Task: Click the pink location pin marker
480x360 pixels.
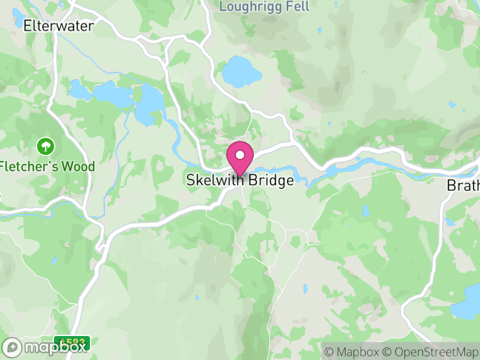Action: point(240,158)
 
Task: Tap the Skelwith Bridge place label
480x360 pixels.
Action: point(240,180)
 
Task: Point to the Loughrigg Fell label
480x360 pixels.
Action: point(265,7)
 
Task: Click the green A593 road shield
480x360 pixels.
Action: point(72,343)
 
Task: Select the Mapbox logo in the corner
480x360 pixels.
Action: point(46,347)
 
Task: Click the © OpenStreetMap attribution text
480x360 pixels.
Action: point(431,352)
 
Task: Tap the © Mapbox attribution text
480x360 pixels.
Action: point(353,352)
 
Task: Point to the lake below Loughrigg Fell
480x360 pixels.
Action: point(242,72)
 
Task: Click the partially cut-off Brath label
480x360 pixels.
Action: point(463,186)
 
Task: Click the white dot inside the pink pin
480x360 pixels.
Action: point(240,155)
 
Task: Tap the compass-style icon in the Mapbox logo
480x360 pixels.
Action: point(12,347)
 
